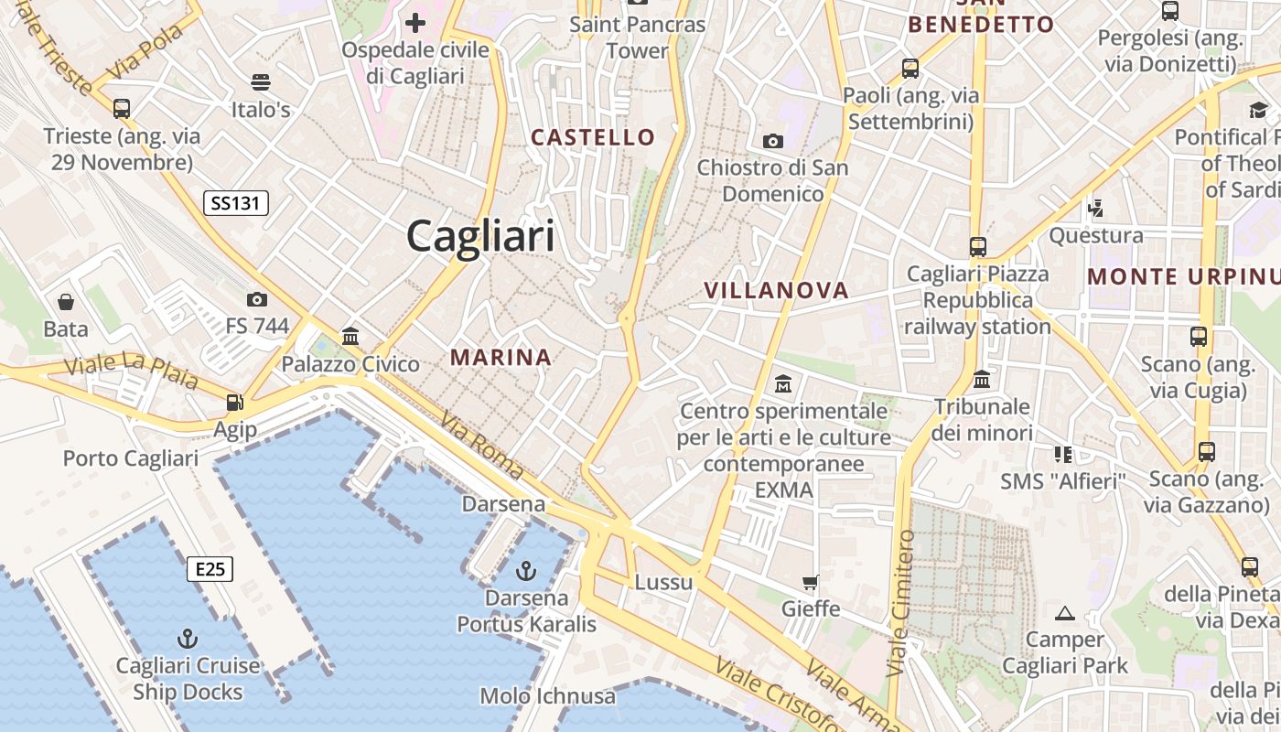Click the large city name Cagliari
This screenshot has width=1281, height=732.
(480, 236)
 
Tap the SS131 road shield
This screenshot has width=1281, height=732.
(235, 203)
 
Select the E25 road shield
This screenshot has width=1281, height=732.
(210, 569)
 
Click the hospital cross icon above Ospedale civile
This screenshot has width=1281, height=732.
(416, 22)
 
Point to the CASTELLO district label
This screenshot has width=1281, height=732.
(594, 138)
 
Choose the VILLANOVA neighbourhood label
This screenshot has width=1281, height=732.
(776, 291)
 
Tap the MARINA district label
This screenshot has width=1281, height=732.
(501, 358)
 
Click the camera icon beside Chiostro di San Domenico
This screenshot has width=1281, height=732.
(773, 141)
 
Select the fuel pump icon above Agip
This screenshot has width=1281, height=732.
(235, 402)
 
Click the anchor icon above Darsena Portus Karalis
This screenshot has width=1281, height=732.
(525, 572)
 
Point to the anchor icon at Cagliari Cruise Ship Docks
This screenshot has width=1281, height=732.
(188, 638)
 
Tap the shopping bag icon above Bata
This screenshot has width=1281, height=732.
(66, 301)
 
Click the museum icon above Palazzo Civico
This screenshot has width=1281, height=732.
(350, 336)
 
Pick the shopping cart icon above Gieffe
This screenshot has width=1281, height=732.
(810, 582)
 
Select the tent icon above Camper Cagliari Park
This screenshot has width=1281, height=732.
(1064, 612)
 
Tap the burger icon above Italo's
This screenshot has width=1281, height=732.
(261, 82)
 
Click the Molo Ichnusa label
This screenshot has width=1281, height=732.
(548, 696)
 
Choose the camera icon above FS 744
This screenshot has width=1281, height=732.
(257, 299)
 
